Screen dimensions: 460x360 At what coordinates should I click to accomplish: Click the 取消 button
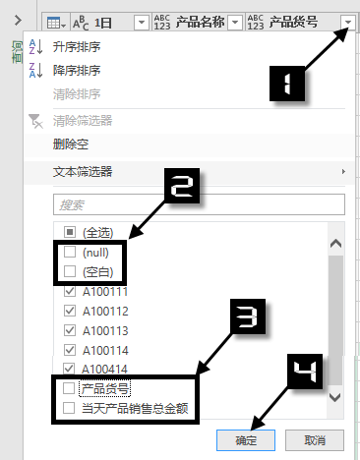(x=315, y=438)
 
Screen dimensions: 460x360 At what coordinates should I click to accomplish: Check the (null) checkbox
(x=69, y=253)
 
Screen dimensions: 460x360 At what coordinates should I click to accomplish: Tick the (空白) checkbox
(x=69, y=271)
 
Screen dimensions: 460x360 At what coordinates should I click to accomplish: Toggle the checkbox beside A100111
(x=69, y=292)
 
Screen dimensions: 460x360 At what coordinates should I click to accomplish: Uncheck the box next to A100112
(x=69, y=311)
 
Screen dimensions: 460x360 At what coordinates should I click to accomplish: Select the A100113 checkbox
(x=69, y=330)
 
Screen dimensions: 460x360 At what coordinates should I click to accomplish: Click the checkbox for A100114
(x=69, y=349)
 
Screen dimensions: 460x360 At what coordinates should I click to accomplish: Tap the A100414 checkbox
(x=69, y=369)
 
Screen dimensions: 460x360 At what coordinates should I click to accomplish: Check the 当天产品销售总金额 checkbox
(x=69, y=407)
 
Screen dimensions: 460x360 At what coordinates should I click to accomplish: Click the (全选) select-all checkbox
(x=69, y=233)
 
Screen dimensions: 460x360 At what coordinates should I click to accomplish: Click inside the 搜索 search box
(x=197, y=204)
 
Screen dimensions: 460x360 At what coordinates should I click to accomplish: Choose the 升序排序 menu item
(x=83, y=46)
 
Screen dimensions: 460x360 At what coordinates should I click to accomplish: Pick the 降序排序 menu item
(x=83, y=70)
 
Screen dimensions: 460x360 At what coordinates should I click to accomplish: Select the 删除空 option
(x=73, y=144)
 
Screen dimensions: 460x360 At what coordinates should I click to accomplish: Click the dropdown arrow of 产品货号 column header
(x=347, y=22)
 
